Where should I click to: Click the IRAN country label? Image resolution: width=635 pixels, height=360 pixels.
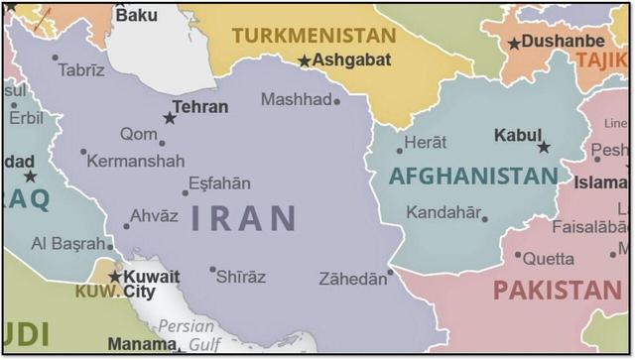point(243,217)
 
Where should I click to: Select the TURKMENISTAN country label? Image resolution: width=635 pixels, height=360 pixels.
point(314,36)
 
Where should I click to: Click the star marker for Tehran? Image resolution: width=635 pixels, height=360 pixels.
point(170,118)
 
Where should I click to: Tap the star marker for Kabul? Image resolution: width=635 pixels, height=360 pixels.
point(544,147)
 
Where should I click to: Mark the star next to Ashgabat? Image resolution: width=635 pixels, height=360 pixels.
point(305,61)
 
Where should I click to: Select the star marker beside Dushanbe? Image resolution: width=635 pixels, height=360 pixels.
point(514,44)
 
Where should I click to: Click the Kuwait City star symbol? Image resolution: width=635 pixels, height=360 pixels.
point(115,277)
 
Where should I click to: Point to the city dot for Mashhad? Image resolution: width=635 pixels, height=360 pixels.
point(336,101)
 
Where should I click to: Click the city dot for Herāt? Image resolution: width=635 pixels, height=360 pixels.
point(400,151)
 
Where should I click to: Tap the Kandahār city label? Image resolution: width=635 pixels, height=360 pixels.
point(444,212)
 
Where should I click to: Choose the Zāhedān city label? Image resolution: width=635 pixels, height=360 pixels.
point(352,280)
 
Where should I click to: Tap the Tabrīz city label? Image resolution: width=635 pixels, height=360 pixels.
point(81,69)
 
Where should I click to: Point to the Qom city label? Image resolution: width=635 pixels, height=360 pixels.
point(138,134)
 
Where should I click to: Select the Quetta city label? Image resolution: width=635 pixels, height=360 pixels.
point(549,259)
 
